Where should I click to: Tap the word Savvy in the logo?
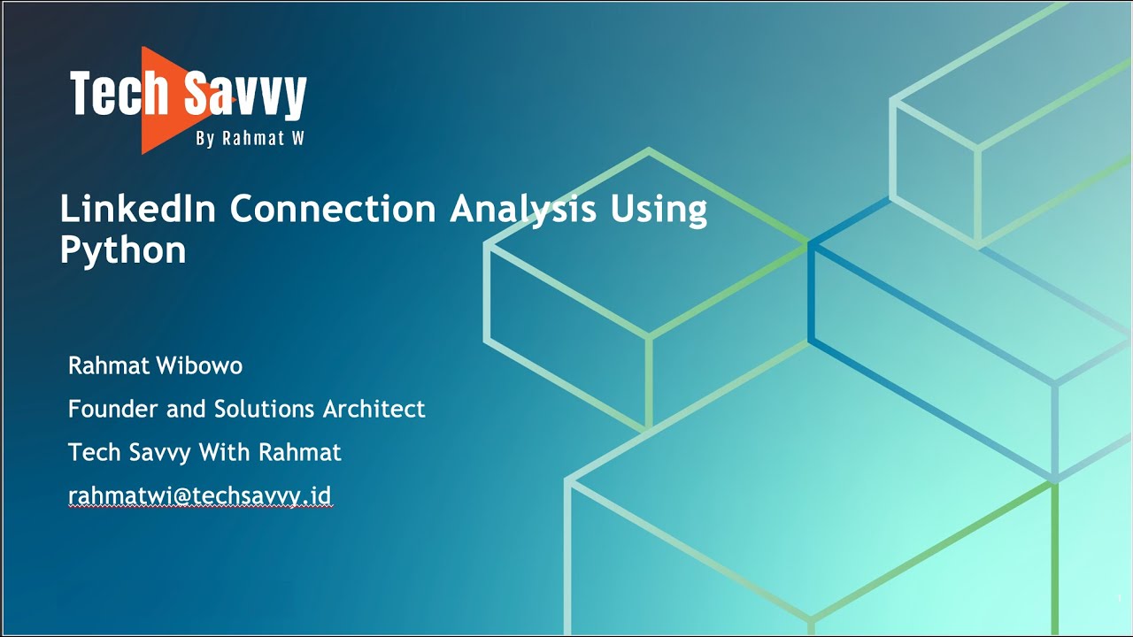(x=246, y=94)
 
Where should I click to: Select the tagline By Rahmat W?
(x=250, y=139)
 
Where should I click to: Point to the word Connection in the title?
(x=334, y=209)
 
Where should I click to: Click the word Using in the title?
(x=659, y=211)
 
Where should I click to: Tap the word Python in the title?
(x=122, y=251)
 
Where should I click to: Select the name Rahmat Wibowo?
(x=155, y=365)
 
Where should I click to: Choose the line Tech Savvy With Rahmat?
(x=204, y=452)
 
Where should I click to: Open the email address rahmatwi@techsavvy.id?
(x=200, y=496)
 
